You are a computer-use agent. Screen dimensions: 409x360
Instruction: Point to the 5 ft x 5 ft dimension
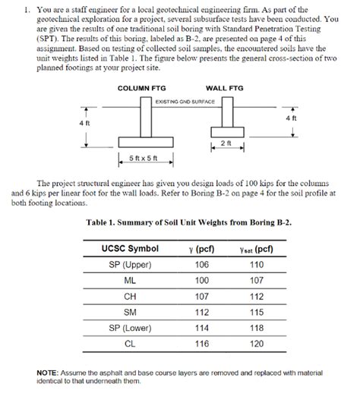[x=144, y=159]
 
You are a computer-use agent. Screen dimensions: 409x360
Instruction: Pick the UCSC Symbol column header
[x=130, y=248]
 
